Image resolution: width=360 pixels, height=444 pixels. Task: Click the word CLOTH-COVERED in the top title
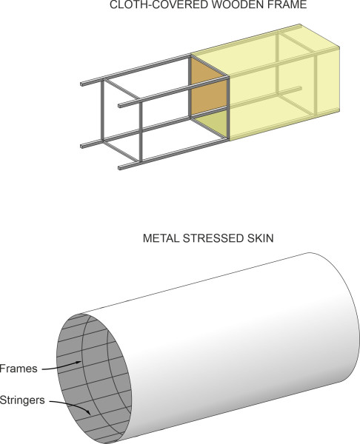[x=151, y=4]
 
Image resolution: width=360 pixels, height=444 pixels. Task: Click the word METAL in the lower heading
[x=161, y=238]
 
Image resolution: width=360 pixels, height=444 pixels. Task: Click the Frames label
[x=19, y=369]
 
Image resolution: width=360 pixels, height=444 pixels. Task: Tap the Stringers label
[x=22, y=400]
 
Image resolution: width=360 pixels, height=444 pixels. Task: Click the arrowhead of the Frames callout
[x=79, y=363]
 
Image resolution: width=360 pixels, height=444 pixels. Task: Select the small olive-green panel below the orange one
[x=214, y=123]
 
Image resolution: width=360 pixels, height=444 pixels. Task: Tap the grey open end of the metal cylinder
[x=94, y=379]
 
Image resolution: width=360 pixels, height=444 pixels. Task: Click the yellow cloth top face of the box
[x=265, y=50]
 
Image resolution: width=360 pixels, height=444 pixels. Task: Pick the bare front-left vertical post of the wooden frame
[x=102, y=110]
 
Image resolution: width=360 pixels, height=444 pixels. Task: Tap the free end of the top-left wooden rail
[x=82, y=84]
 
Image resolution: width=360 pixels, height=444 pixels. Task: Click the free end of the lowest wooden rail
[x=120, y=168]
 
